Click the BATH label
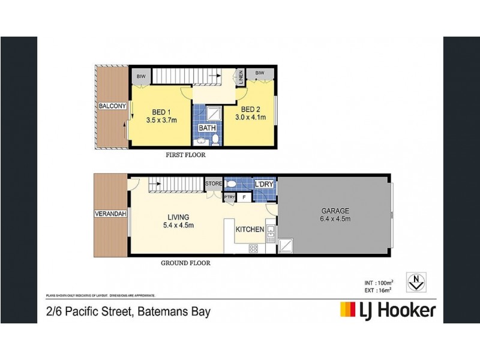(208, 128)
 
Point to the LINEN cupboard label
(239, 78)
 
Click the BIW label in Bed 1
(141, 77)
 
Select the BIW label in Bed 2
(260, 73)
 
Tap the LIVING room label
(178, 217)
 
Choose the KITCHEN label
(250, 230)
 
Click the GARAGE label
(334, 211)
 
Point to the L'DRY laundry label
(265, 183)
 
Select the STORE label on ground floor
(214, 183)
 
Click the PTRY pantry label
(229, 196)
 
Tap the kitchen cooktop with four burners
(254, 248)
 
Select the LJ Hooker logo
(388, 310)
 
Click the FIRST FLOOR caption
(185, 155)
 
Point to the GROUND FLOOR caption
(186, 263)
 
